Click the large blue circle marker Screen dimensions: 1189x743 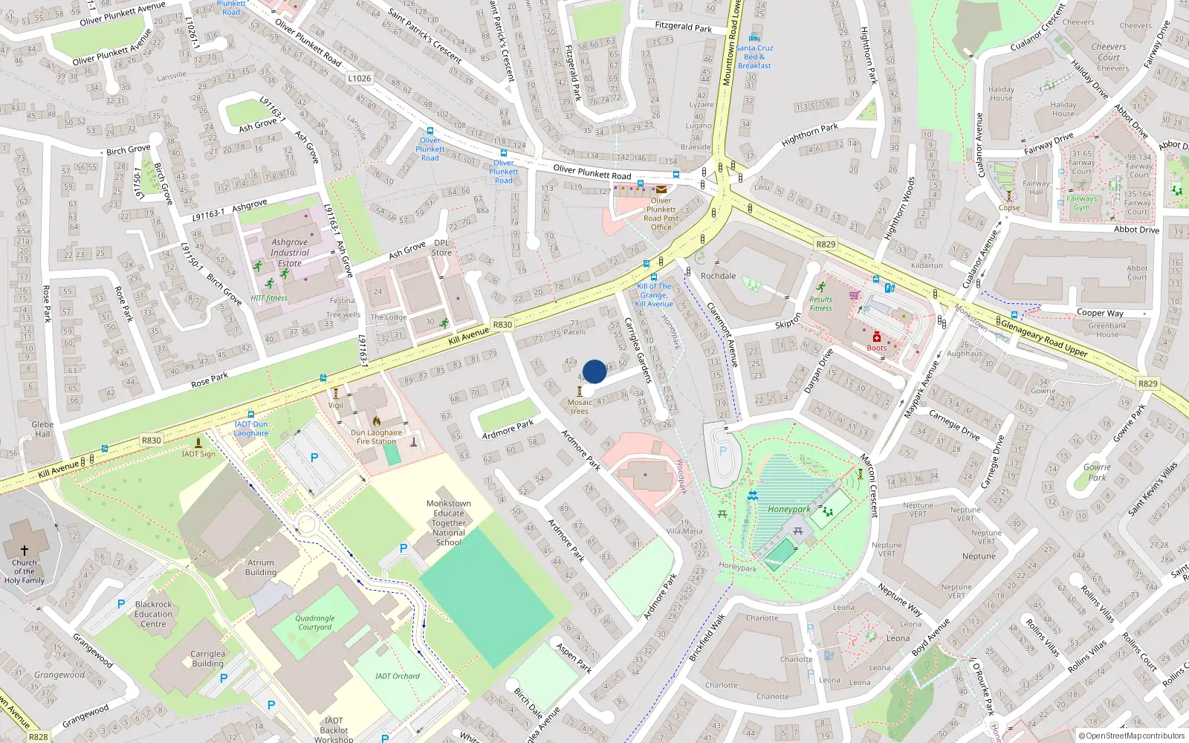594,371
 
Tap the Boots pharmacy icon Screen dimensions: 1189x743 877,337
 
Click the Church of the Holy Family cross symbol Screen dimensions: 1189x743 24,551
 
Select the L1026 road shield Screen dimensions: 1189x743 359,78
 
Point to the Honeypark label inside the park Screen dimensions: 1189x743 788,510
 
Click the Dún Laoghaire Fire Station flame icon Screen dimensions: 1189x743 377,421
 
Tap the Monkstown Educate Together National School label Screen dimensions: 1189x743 449,523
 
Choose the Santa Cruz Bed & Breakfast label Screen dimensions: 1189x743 754,56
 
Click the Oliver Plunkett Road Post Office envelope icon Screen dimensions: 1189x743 661,189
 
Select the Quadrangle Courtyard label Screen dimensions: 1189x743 315,623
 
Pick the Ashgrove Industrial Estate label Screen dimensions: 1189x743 289,253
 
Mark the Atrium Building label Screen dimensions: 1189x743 261,568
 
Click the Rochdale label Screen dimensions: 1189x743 718,276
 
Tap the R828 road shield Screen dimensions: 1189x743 38,737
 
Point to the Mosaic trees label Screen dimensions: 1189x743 580,406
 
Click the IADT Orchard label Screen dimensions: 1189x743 397,676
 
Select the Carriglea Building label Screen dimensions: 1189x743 207,659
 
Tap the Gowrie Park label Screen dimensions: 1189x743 1097,473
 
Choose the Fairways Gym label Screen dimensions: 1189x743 1081,203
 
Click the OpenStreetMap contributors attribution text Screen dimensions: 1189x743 1132,736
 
